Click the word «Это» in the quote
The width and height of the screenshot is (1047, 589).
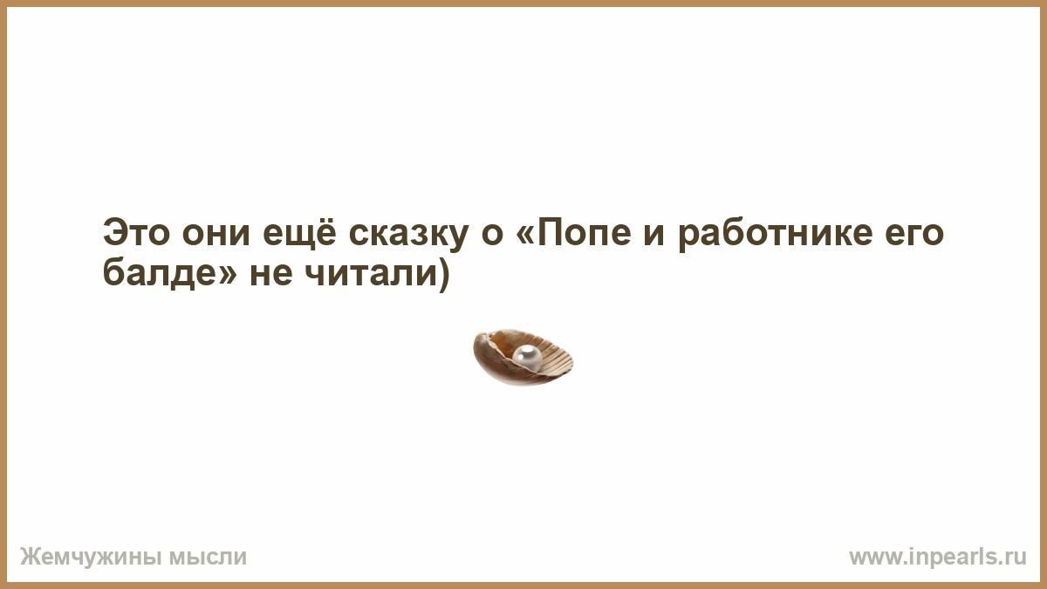pyautogui.click(x=136, y=232)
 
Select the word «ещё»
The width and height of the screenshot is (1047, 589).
pyautogui.click(x=299, y=232)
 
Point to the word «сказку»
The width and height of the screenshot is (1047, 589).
pyautogui.click(x=408, y=236)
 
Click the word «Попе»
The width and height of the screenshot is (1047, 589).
pyautogui.click(x=585, y=232)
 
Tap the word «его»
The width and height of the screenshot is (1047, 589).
pyautogui.click(x=914, y=236)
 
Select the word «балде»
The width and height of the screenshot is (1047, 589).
pyautogui.click(x=160, y=272)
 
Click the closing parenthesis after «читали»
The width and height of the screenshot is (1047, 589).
pyautogui.click(x=443, y=275)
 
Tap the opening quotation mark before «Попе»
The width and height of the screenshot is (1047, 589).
pyautogui.click(x=525, y=235)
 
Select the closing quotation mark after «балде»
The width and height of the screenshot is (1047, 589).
pyautogui.click(x=229, y=276)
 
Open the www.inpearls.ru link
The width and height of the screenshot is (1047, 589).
pyautogui.click(x=938, y=558)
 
